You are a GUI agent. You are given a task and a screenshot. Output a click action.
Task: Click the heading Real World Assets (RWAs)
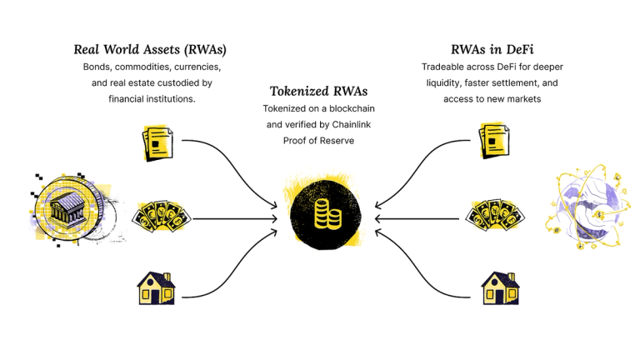[x=150, y=49]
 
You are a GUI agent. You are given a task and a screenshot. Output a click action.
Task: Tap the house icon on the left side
[x=157, y=287]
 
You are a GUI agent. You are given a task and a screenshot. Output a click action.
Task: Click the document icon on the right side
[x=493, y=142]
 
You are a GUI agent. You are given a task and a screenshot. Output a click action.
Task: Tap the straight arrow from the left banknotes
[x=233, y=219]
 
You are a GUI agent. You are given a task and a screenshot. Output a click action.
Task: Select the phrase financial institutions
[x=152, y=98]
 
